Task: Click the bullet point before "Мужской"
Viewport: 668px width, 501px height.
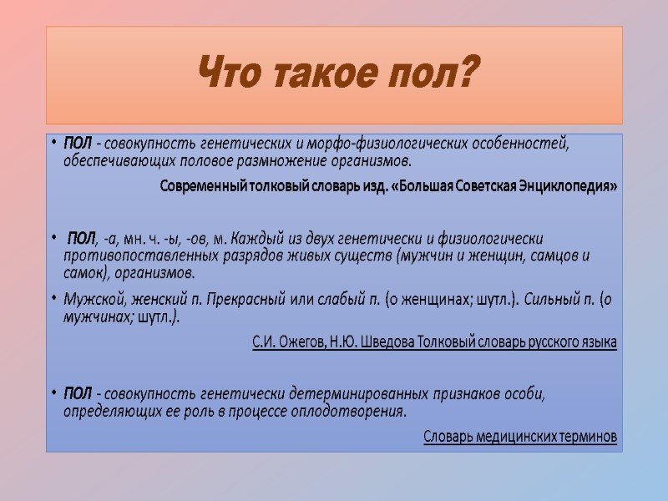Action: (54, 299)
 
